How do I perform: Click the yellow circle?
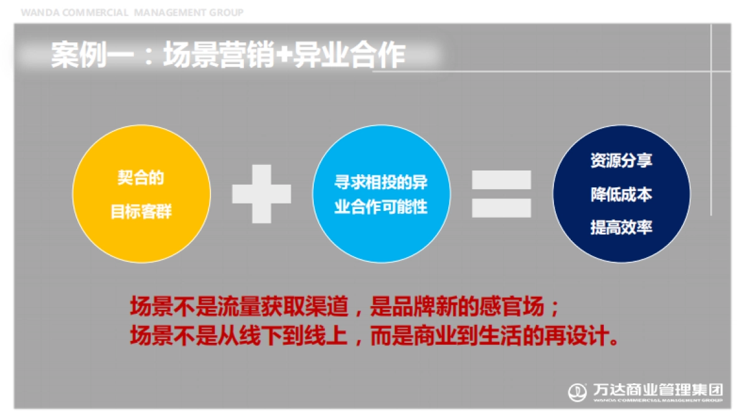[x=141, y=194]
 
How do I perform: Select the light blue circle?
[x=381, y=194]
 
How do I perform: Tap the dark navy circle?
[x=621, y=194]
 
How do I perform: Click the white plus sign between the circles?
[x=261, y=194]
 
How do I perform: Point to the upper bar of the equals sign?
[x=501, y=180]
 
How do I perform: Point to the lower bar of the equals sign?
[x=501, y=208]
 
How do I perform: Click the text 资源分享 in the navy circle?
[x=621, y=161]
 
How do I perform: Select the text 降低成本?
[x=621, y=194]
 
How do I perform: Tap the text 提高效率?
[x=621, y=228]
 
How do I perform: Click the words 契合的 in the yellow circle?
[x=141, y=178]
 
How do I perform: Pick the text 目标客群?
[x=141, y=212]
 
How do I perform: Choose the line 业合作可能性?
[x=381, y=207]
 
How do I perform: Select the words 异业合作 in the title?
[x=349, y=56]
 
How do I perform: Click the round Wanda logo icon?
[x=577, y=392]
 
